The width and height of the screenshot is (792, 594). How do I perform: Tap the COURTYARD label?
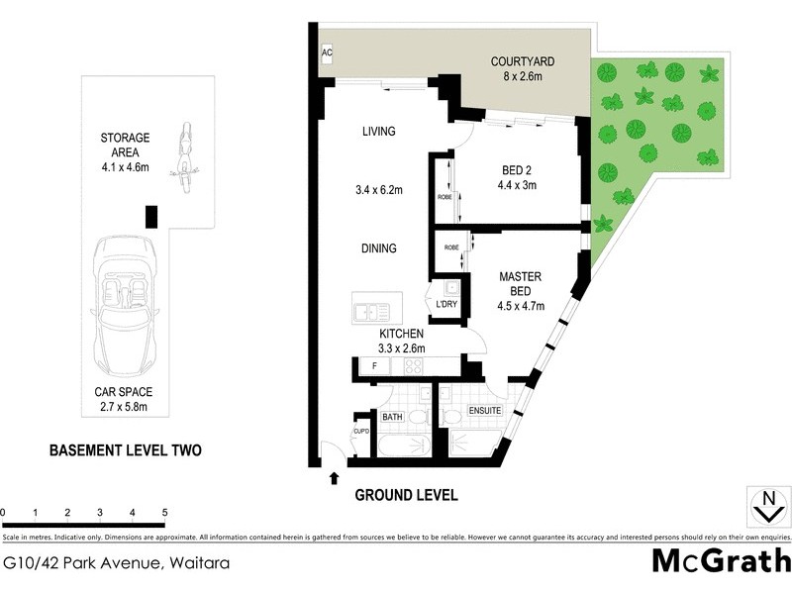point(522,61)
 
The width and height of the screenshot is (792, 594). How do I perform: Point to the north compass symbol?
point(764,506)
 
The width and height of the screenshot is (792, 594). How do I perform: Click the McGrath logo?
point(720,561)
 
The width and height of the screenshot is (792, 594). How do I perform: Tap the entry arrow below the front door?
point(334,478)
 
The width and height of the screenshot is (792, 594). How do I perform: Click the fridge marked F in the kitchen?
point(374,367)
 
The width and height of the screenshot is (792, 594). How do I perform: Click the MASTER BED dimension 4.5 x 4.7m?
point(521,306)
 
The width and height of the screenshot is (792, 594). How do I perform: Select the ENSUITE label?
point(485,410)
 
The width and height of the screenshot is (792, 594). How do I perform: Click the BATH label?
point(393,418)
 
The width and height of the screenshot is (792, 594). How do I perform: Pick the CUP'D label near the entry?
point(360,432)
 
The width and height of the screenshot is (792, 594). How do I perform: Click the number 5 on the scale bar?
point(165,513)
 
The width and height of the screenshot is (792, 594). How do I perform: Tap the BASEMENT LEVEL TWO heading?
point(126,450)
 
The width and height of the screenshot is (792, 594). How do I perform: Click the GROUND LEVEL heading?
point(406,495)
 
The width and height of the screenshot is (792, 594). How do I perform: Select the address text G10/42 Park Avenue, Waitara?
point(117,563)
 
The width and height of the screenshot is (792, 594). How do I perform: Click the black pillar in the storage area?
point(150,216)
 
